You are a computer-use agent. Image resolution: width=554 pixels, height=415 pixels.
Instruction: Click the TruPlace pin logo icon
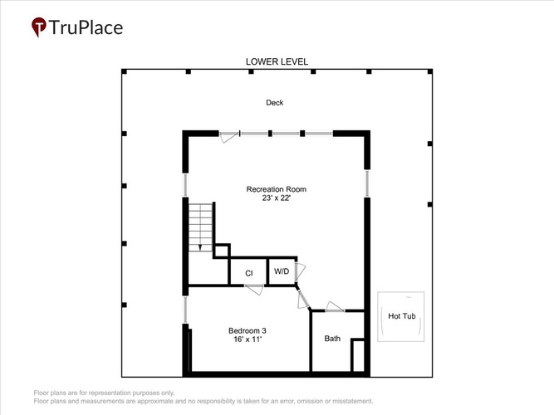click(x=39, y=27)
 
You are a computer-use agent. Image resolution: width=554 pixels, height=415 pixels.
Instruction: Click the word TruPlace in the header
click(x=86, y=27)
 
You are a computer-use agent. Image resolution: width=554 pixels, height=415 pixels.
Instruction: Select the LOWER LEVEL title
click(x=277, y=61)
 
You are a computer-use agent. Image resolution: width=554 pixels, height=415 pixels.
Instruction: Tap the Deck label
click(x=275, y=102)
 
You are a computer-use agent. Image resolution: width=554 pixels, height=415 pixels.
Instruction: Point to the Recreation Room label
click(x=277, y=189)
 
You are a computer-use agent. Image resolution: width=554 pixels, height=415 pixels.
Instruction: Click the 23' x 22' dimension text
click(x=277, y=198)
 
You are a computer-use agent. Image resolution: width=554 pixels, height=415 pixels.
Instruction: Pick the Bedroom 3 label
click(x=248, y=330)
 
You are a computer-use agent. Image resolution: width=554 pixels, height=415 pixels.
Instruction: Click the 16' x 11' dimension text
click(x=248, y=339)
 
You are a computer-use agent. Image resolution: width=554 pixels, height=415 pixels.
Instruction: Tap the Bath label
click(x=332, y=339)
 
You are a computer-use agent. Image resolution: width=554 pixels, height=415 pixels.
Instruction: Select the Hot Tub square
click(x=400, y=316)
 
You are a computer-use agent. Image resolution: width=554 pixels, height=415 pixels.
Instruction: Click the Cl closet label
click(x=248, y=273)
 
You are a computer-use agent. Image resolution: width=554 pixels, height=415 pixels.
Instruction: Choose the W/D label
click(x=282, y=271)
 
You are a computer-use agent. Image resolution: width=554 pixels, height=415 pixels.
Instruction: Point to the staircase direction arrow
click(x=200, y=247)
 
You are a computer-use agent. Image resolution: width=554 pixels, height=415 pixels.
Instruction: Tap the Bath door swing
click(x=334, y=306)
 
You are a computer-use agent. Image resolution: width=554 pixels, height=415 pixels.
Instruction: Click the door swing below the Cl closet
click(x=254, y=290)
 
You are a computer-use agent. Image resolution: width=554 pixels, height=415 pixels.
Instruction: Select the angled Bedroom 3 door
click(x=303, y=300)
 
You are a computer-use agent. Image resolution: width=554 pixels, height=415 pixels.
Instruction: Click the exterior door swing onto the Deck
click(x=229, y=138)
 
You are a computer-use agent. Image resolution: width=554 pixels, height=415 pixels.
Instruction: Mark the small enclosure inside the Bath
click(x=357, y=356)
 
